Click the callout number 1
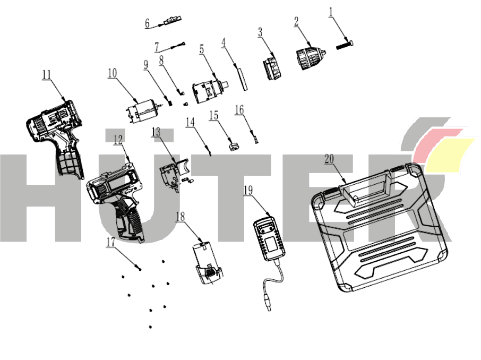(331, 13)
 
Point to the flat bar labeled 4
(242, 79)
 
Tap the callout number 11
(46, 74)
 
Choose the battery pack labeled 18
(207, 263)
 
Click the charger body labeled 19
(269, 238)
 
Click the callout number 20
(329, 159)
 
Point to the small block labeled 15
(234, 144)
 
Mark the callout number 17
(110, 242)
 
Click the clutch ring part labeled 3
(272, 67)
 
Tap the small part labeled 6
(172, 21)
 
